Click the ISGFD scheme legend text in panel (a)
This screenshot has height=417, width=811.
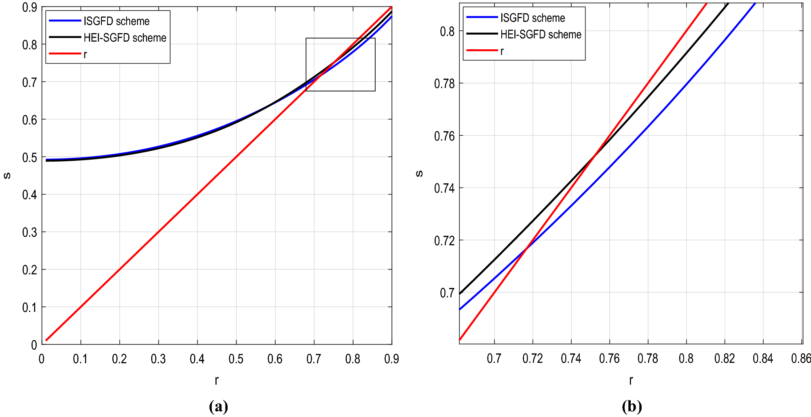116,21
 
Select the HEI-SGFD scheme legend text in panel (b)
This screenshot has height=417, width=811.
541,35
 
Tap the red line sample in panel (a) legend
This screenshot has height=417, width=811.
65,53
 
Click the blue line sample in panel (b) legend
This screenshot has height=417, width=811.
482,17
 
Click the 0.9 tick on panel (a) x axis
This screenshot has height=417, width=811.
391,359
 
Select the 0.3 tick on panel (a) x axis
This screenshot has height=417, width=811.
158,359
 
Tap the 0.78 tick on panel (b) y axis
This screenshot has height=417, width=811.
444,84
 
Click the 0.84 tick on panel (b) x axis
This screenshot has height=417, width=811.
762,358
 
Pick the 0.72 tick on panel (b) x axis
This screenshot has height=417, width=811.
532,358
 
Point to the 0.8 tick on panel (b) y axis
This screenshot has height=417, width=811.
447,32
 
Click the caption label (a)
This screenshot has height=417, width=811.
218,406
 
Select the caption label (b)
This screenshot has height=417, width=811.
631,406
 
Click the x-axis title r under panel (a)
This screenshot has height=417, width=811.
217,380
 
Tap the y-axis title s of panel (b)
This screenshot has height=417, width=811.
419,174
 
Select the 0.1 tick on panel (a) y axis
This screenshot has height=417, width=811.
30,307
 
